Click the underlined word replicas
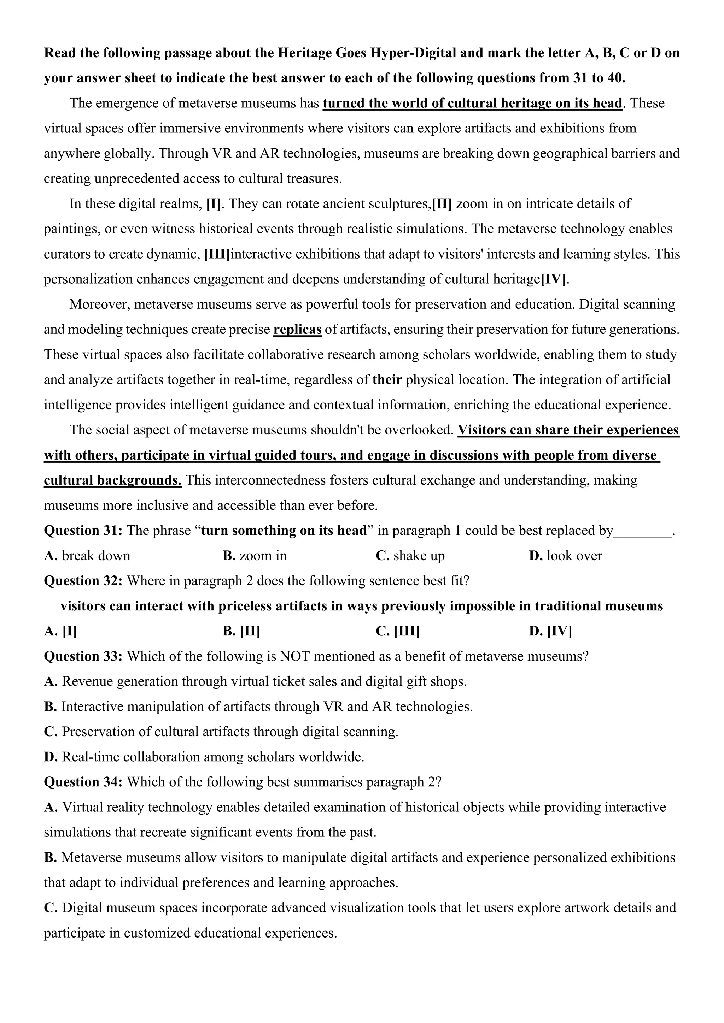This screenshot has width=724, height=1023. (297, 330)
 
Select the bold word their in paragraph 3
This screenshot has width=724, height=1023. (387, 380)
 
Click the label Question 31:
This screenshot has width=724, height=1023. (83, 531)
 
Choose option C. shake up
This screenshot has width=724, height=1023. (410, 556)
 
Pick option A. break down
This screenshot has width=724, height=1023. (87, 556)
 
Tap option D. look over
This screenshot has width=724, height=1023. (565, 556)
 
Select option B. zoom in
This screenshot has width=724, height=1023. (255, 556)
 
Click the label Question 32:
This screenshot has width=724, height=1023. (83, 581)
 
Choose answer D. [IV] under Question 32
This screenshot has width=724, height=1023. (550, 631)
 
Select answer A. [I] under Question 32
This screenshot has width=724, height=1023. (61, 631)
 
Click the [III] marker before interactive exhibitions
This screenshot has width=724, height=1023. (217, 254)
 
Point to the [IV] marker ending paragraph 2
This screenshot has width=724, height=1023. (553, 279)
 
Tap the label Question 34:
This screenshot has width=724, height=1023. (83, 782)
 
